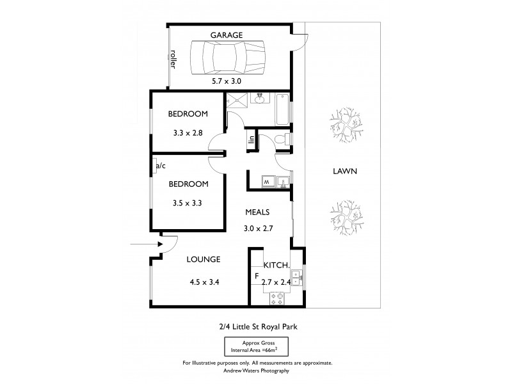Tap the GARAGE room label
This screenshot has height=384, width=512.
pyautogui.click(x=227, y=36)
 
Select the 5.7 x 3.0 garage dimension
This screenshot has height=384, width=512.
pyautogui.click(x=227, y=81)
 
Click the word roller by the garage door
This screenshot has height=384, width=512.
pyautogui.click(x=173, y=60)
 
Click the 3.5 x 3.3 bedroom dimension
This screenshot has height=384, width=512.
pyautogui.click(x=188, y=204)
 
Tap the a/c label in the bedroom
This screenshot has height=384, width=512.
pyautogui.click(x=160, y=166)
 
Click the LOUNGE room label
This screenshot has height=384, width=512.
pyautogui.click(x=204, y=259)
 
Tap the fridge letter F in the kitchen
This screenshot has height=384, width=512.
pyautogui.click(x=257, y=277)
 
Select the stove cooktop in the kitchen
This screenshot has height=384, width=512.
pyautogui.click(x=279, y=296)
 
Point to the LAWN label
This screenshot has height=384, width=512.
pyautogui.click(x=344, y=171)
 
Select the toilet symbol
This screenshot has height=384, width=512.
pyautogui.click(x=279, y=139)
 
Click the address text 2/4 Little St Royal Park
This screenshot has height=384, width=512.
pyautogui.click(x=257, y=327)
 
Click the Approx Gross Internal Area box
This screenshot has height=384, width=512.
pyautogui.click(x=257, y=348)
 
